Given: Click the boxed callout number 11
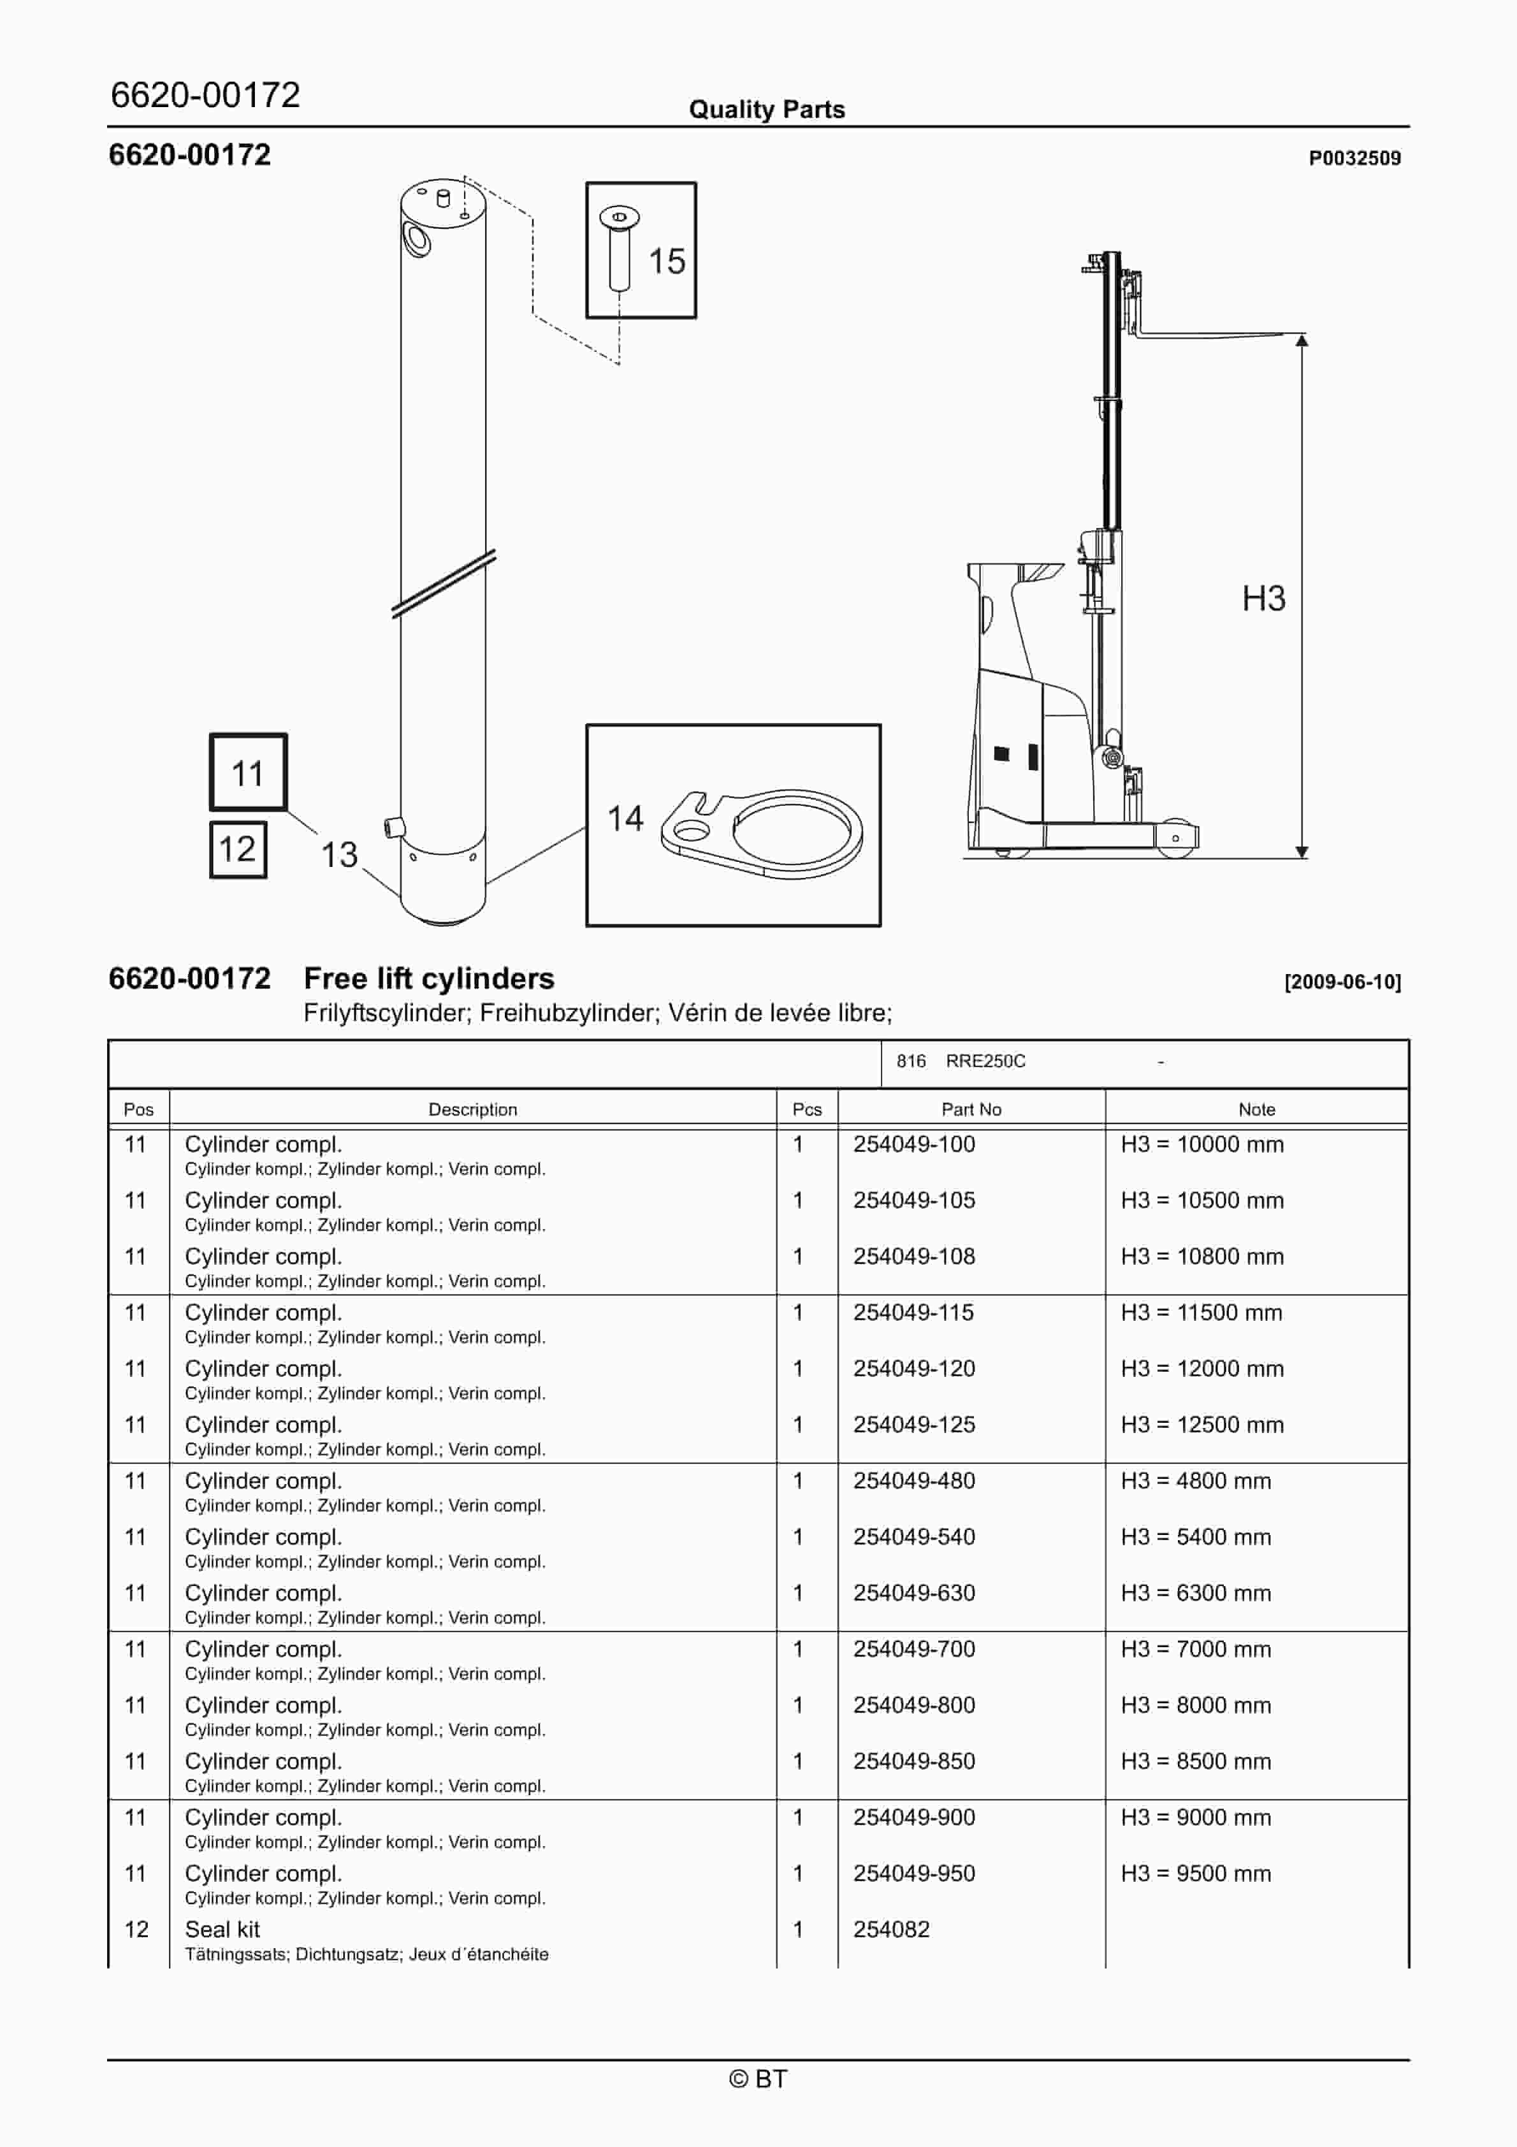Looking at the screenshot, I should click(248, 773).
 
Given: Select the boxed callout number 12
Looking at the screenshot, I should click(238, 849).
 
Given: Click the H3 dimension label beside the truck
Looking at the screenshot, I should click(1263, 599).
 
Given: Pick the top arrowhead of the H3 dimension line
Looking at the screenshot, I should click(1301, 340).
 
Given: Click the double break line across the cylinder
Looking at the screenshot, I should click(444, 583).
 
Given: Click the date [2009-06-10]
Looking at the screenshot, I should click(1342, 982).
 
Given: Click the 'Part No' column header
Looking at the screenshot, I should click(971, 1109).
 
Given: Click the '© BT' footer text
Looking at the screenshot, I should click(758, 2079).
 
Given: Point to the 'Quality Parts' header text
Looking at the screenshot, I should click(766, 110).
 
